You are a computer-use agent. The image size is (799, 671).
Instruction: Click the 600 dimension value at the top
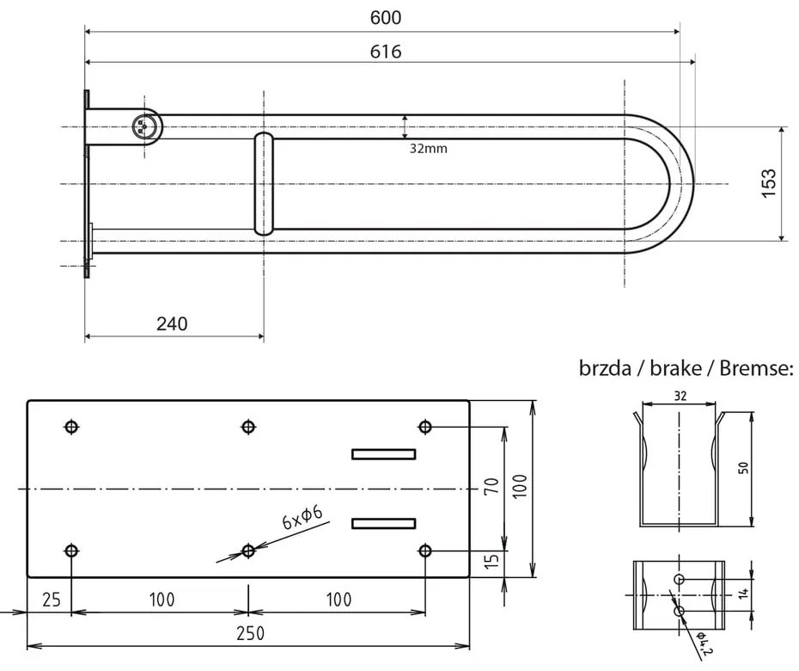(386, 18)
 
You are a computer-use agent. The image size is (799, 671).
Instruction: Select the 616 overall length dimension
(386, 51)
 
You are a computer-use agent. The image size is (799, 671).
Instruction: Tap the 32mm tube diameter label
(428, 148)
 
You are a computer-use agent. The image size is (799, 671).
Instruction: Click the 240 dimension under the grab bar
(172, 323)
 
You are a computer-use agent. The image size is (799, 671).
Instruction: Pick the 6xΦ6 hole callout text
(302, 518)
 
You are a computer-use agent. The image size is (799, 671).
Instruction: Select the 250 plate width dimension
(250, 632)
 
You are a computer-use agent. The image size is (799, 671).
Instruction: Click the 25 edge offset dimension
(51, 600)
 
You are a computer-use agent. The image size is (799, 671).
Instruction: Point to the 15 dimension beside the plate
(491, 563)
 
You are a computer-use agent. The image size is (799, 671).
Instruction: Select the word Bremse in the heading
(753, 370)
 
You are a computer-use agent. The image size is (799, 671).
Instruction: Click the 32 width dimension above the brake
(680, 397)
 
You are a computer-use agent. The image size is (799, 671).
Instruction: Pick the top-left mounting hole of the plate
(71, 427)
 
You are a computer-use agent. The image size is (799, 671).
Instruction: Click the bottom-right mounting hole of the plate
(425, 550)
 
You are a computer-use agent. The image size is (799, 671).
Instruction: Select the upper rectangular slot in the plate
(383, 454)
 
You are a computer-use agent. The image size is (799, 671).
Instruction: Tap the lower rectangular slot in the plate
(383, 523)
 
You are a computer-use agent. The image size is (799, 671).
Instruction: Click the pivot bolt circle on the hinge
(143, 126)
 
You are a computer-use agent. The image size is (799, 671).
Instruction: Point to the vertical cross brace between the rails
(265, 184)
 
